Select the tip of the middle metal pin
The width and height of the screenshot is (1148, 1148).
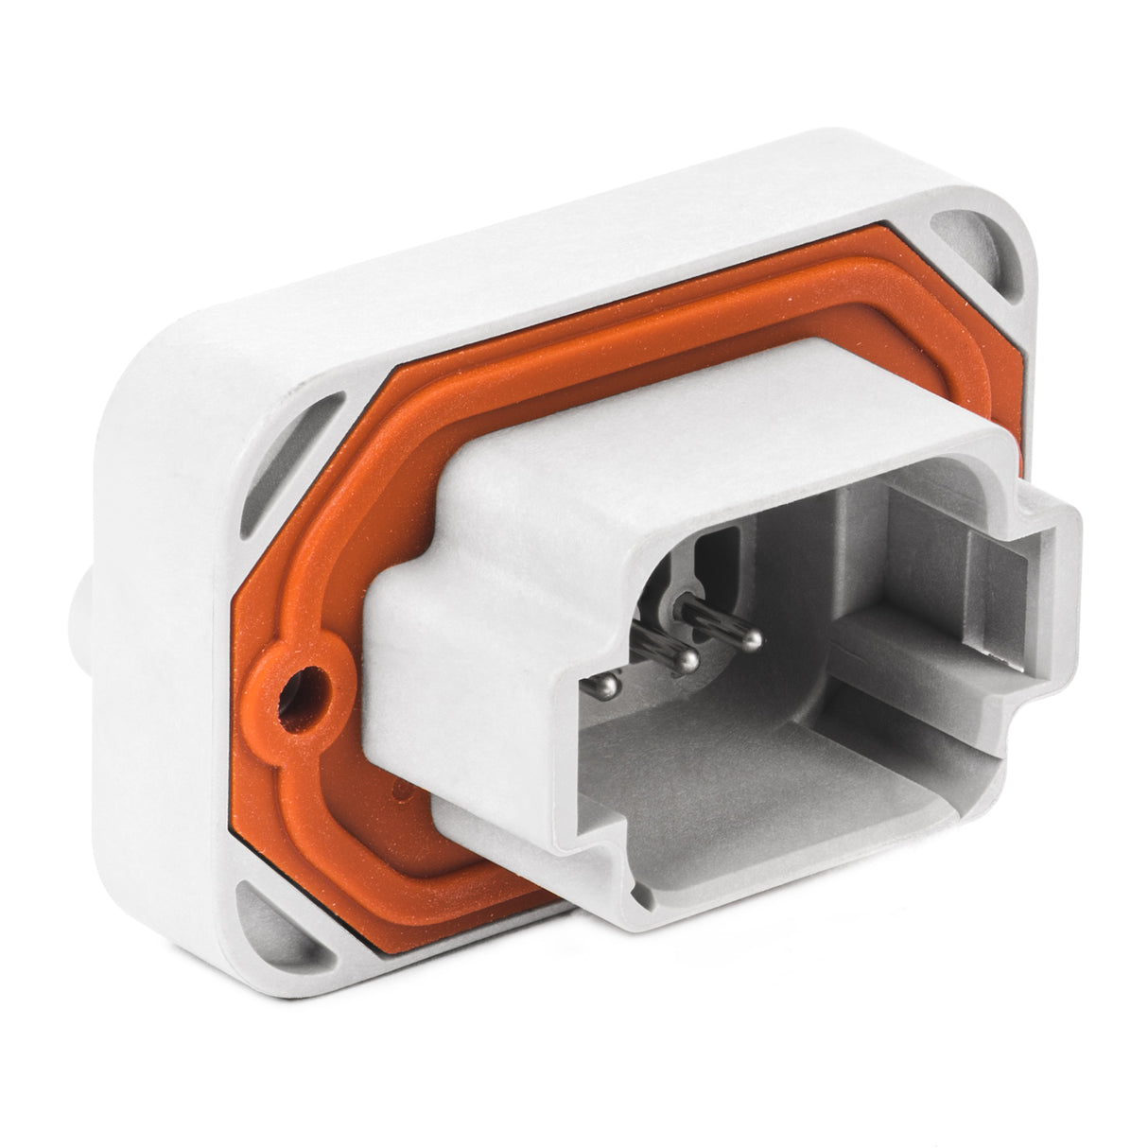pos(691,657)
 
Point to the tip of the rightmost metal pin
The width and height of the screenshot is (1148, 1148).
pos(750,641)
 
